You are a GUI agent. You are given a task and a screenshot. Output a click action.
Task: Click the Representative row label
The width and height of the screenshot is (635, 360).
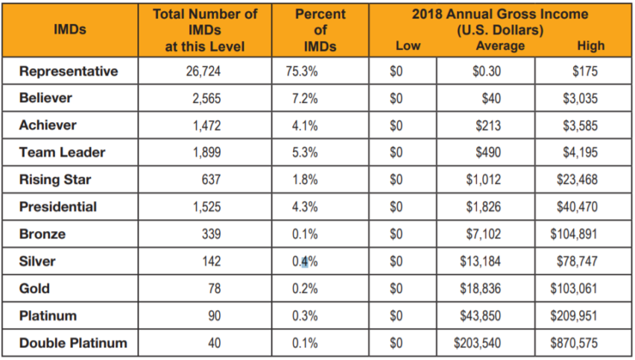69,72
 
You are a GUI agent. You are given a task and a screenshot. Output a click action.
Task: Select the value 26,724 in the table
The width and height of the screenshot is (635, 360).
204,72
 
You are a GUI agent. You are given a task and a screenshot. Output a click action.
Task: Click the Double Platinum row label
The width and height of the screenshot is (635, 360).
73,343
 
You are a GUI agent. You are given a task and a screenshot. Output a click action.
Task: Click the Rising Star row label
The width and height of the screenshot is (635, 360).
57,180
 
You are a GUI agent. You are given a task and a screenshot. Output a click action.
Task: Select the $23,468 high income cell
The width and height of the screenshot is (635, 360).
577,180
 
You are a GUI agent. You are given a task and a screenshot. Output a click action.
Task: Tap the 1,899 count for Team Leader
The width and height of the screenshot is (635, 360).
208,153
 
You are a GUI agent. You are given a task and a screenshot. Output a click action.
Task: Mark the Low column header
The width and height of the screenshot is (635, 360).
408,46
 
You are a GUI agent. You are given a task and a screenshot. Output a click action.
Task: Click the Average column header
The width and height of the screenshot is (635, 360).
500,46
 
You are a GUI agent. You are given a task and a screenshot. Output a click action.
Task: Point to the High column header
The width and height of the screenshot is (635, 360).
590,46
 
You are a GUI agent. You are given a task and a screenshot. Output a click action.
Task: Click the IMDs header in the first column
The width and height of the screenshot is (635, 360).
70,30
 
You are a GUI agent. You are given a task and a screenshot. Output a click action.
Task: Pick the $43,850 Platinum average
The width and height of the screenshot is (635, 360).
483,316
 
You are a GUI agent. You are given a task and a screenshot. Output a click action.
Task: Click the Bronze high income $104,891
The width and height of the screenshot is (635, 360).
573,234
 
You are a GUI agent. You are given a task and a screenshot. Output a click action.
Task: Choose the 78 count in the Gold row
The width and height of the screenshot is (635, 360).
216,288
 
